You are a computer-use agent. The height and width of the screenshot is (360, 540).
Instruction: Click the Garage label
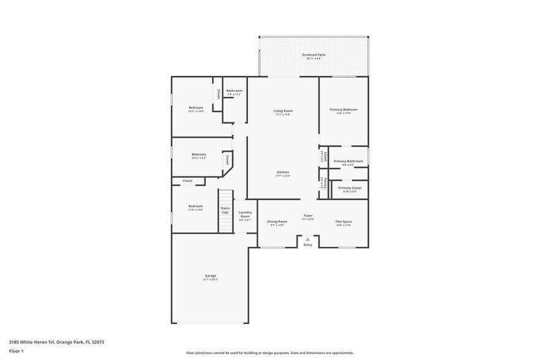[x=210, y=277]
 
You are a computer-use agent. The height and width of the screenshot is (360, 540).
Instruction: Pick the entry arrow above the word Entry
[x=308, y=239]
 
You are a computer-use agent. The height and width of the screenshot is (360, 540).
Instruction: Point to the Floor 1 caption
[x=16, y=351]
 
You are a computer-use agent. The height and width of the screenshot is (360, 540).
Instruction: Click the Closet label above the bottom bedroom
[x=187, y=181]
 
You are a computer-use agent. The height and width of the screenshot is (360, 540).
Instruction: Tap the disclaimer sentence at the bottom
[x=269, y=353]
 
